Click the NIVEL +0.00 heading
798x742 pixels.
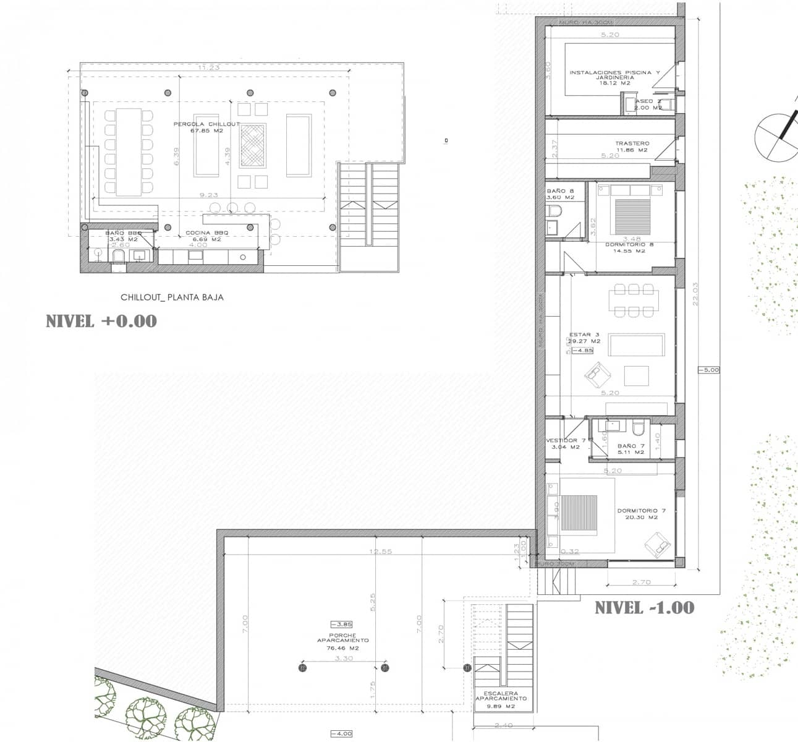pos(101,321)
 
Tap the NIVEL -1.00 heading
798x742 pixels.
pos(644,608)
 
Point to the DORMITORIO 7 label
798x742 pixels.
pos(641,514)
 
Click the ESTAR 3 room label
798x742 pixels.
pos(584,338)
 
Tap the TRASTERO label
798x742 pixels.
pos(632,147)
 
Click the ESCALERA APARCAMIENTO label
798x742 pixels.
pos(501,699)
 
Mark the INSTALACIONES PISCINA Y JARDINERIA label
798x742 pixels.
pos(614,77)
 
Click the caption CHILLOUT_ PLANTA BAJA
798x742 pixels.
pos(172,297)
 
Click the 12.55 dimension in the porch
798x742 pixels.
pos(380,552)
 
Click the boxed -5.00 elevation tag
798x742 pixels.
pos(708,370)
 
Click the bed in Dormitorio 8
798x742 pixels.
pos(630,215)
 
